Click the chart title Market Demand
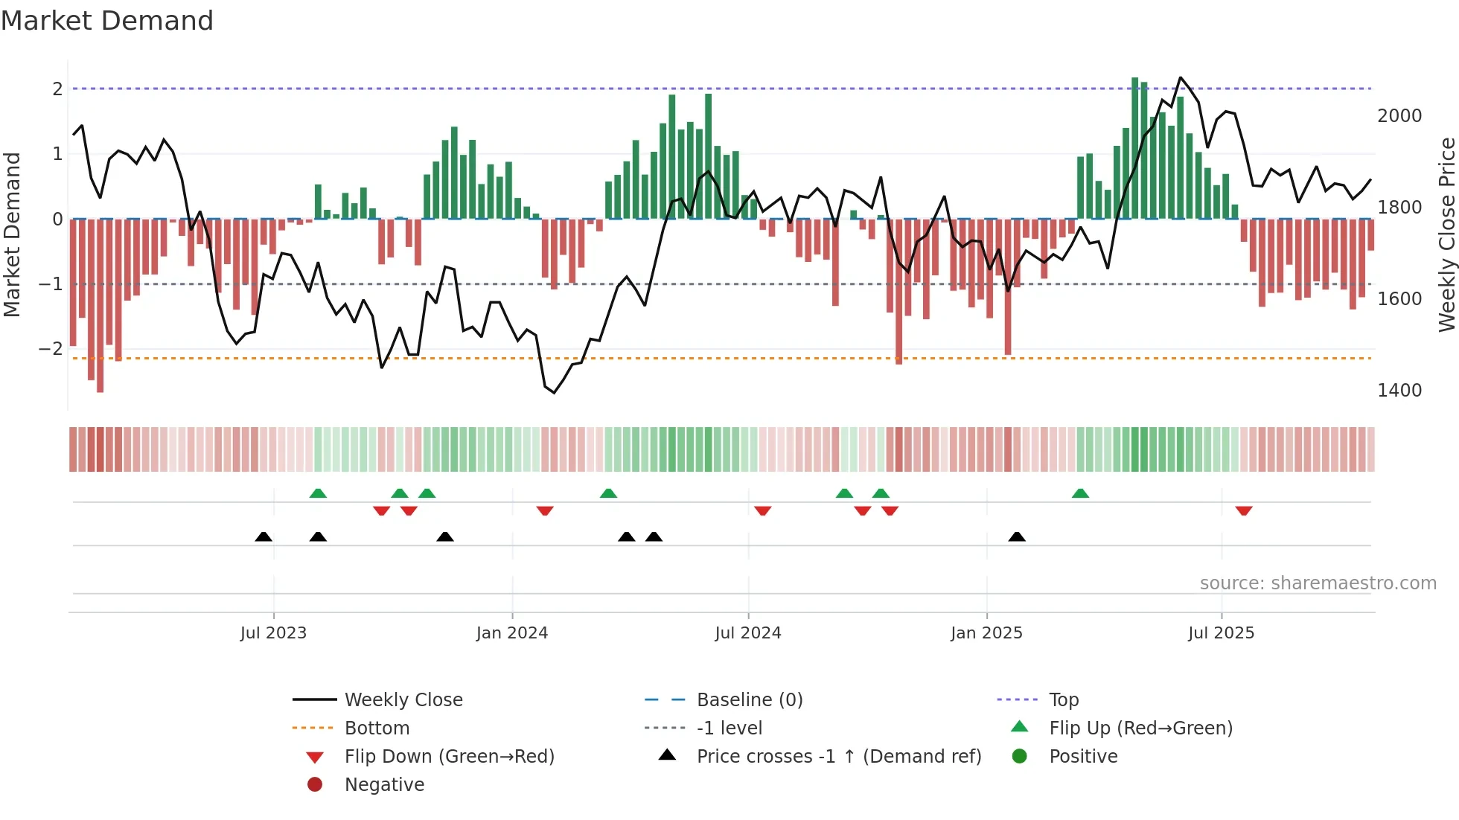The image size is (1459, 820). click(107, 21)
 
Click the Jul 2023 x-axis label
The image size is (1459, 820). click(273, 633)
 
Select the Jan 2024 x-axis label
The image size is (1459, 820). click(512, 633)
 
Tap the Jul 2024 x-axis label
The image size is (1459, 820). click(748, 633)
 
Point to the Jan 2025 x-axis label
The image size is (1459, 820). click(986, 633)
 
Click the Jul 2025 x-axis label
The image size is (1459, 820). click(1222, 633)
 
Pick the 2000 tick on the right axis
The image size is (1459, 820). click(1399, 116)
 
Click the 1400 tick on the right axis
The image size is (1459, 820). click(1399, 391)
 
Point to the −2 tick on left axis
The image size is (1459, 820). click(51, 349)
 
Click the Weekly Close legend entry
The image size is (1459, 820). click(403, 700)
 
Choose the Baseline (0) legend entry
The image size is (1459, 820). click(749, 700)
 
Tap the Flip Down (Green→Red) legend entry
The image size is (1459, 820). click(449, 757)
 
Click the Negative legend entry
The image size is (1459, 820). click(384, 785)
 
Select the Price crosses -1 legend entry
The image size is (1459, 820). click(838, 757)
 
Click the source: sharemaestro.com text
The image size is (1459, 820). click(1318, 583)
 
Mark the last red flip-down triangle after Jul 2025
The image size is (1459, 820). click(1244, 510)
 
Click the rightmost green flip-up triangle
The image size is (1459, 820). click(1080, 493)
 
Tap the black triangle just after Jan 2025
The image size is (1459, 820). click(1017, 536)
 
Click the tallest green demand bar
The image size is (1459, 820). click(1135, 149)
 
